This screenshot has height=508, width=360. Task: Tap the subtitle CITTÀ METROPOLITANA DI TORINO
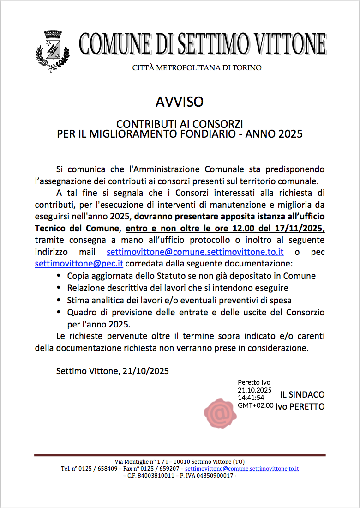pyautogui.click(x=197, y=68)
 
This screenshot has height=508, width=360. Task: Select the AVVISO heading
pyautogui.click(x=180, y=102)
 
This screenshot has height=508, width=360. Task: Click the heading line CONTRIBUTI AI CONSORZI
pyautogui.click(x=180, y=124)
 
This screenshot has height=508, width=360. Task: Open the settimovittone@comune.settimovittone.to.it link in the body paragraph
pyautogui.click(x=195, y=252)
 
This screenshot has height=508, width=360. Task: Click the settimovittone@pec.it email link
pyautogui.click(x=79, y=264)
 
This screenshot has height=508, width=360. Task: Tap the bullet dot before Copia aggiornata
pyautogui.click(x=59, y=276)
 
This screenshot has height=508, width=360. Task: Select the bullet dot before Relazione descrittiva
pyautogui.click(x=59, y=288)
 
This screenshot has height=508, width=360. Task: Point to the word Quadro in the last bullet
pyautogui.click(x=81, y=312)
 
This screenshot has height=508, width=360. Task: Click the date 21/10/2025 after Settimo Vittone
pyautogui.click(x=146, y=371)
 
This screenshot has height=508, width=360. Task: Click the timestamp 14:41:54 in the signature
pyautogui.click(x=251, y=397)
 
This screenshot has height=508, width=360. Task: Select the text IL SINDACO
pyautogui.click(x=302, y=395)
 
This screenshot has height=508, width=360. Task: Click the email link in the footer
pyautogui.click(x=242, y=468)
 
